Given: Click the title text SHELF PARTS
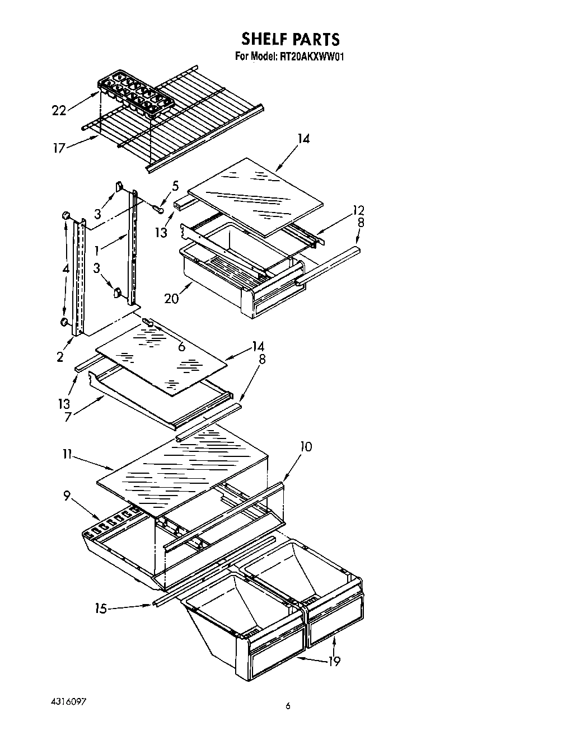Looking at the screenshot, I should pos(290,39).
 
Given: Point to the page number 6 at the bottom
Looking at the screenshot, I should pos(288,706).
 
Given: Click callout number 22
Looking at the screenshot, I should pos(59,111).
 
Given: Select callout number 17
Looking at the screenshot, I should pos(59,148).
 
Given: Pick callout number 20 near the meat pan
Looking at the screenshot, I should pos(171,298).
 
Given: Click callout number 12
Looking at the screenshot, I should pos(358,210).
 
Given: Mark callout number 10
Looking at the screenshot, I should pos(306,446).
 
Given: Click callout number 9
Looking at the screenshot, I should pos(67,495).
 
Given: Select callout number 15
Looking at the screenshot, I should pos(101,609).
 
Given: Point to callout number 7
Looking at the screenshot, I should pos(67,417).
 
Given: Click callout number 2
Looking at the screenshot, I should pos(60,357).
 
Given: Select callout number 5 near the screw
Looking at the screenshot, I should pos(175,186).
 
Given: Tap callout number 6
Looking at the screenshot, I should pos(181,347).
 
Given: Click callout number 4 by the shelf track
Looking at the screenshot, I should pos(66,268).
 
